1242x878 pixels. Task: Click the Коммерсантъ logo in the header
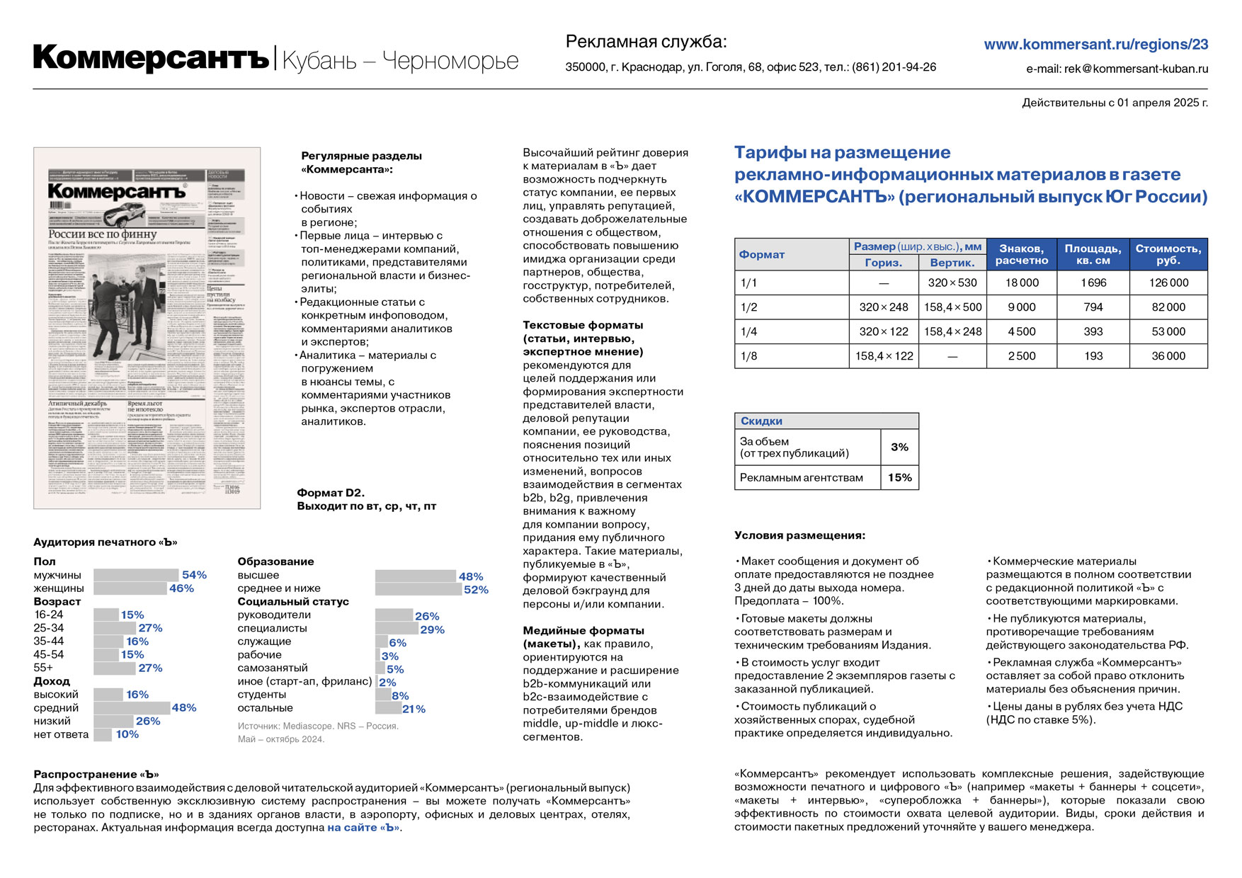pyautogui.click(x=151, y=58)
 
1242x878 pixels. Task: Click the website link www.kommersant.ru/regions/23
pyautogui.click(x=1095, y=45)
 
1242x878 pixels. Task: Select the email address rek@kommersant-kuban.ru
pyautogui.click(x=1136, y=69)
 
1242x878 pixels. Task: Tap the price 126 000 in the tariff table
pyautogui.click(x=1168, y=283)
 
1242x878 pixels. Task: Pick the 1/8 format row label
pyautogui.click(x=748, y=356)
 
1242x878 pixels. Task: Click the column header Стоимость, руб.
pyautogui.click(x=1168, y=254)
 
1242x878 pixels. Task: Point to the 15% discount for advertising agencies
pyautogui.click(x=899, y=477)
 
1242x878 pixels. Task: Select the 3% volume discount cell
pyautogui.click(x=899, y=447)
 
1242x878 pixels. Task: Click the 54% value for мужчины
pyautogui.click(x=194, y=575)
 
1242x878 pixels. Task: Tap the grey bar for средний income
pyautogui.click(x=132, y=708)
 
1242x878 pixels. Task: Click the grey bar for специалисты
pyautogui.click(x=397, y=629)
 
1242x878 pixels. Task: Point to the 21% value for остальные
pyautogui.click(x=414, y=709)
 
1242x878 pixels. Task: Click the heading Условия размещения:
pyautogui.click(x=799, y=535)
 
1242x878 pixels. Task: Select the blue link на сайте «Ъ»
pyautogui.click(x=363, y=828)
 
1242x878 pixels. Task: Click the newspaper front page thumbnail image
pyautogui.click(x=147, y=328)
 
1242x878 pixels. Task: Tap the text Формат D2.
pyautogui.click(x=331, y=493)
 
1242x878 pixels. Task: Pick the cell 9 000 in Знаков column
pyautogui.click(x=1021, y=307)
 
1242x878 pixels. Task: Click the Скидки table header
pyautogui.click(x=761, y=421)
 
